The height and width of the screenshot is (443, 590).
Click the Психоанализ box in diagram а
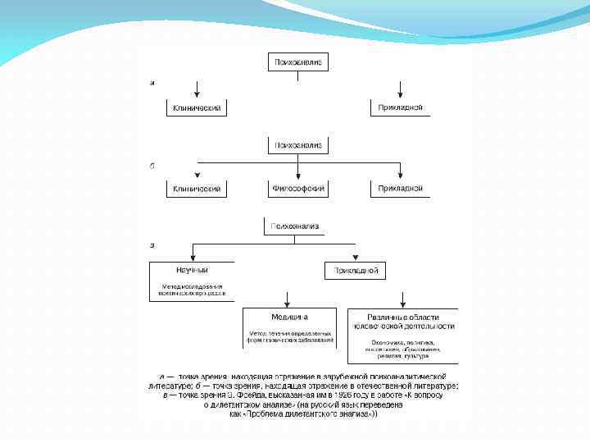(x=297, y=62)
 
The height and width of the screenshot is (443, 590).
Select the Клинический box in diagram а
(x=197, y=107)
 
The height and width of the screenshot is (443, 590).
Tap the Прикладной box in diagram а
(x=400, y=107)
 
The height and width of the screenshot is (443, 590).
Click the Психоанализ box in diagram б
(x=297, y=145)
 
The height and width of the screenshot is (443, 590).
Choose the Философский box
(x=297, y=189)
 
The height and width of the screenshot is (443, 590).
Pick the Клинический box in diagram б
(x=197, y=189)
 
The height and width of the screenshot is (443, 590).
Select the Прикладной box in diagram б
(x=400, y=189)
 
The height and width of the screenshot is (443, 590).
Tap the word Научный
(x=192, y=270)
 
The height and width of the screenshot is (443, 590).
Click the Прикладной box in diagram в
(x=355, y=270)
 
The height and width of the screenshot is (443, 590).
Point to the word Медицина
(x=289, y=317)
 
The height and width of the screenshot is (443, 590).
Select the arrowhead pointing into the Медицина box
(x=287, y=303)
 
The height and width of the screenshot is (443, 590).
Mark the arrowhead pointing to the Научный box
(x=192, y=257)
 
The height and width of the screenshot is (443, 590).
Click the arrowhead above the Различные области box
(x=402, y=303)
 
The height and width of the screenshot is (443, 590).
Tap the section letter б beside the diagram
(x=152, y=166)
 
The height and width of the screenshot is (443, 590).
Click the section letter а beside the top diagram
(x=152, y=83)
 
